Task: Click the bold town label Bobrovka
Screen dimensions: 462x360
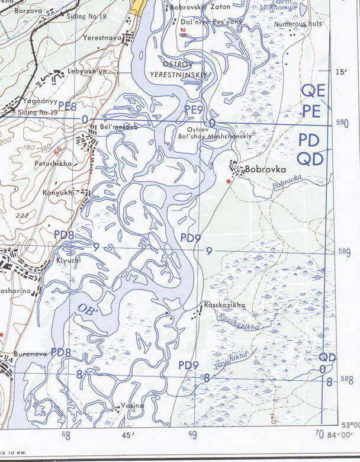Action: (265, 169)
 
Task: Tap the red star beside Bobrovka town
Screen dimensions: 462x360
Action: (229, 181)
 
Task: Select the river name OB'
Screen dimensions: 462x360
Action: (86, 308)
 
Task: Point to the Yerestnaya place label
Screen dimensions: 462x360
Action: (104, 37)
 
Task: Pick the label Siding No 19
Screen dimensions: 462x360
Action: (37, 111)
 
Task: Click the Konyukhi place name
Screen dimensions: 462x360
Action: (59, 192)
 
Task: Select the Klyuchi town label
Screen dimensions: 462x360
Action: (52, 259)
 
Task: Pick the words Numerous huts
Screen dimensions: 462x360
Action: (298, 24)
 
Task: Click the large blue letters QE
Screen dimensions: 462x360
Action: (313, 91)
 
